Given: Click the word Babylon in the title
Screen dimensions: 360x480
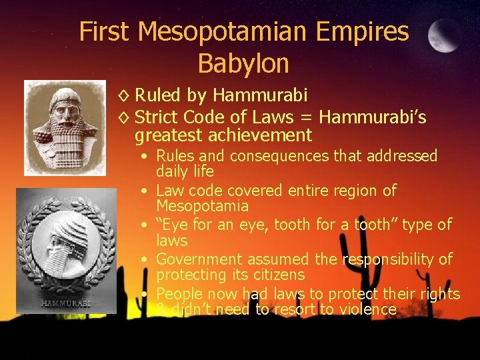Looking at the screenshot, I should (243, 63).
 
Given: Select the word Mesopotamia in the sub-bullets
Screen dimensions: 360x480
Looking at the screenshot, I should (202, 206).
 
